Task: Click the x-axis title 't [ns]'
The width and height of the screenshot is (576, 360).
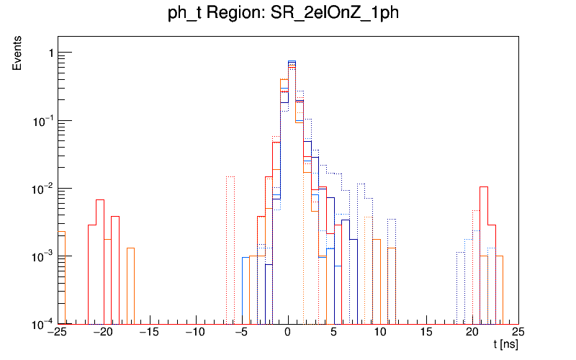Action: point(505,346)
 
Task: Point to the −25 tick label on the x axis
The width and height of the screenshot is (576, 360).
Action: point(57,332)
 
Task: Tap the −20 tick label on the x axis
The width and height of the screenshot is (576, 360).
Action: point(103,332)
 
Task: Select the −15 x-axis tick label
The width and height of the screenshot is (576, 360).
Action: point(149,332)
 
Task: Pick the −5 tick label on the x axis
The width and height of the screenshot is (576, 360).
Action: point(241,332)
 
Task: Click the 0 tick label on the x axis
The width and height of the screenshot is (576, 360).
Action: point(288,332)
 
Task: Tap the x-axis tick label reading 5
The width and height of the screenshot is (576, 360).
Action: point(334,332)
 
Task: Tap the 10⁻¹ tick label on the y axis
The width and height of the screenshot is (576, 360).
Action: point(42,120)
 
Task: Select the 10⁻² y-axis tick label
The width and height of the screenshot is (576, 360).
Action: point(42,188)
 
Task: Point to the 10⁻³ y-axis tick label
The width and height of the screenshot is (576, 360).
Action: point(42,256)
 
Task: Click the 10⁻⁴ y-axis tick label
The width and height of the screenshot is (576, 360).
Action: point(42,323)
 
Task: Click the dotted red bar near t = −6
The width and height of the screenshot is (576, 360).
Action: point(230,245)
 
